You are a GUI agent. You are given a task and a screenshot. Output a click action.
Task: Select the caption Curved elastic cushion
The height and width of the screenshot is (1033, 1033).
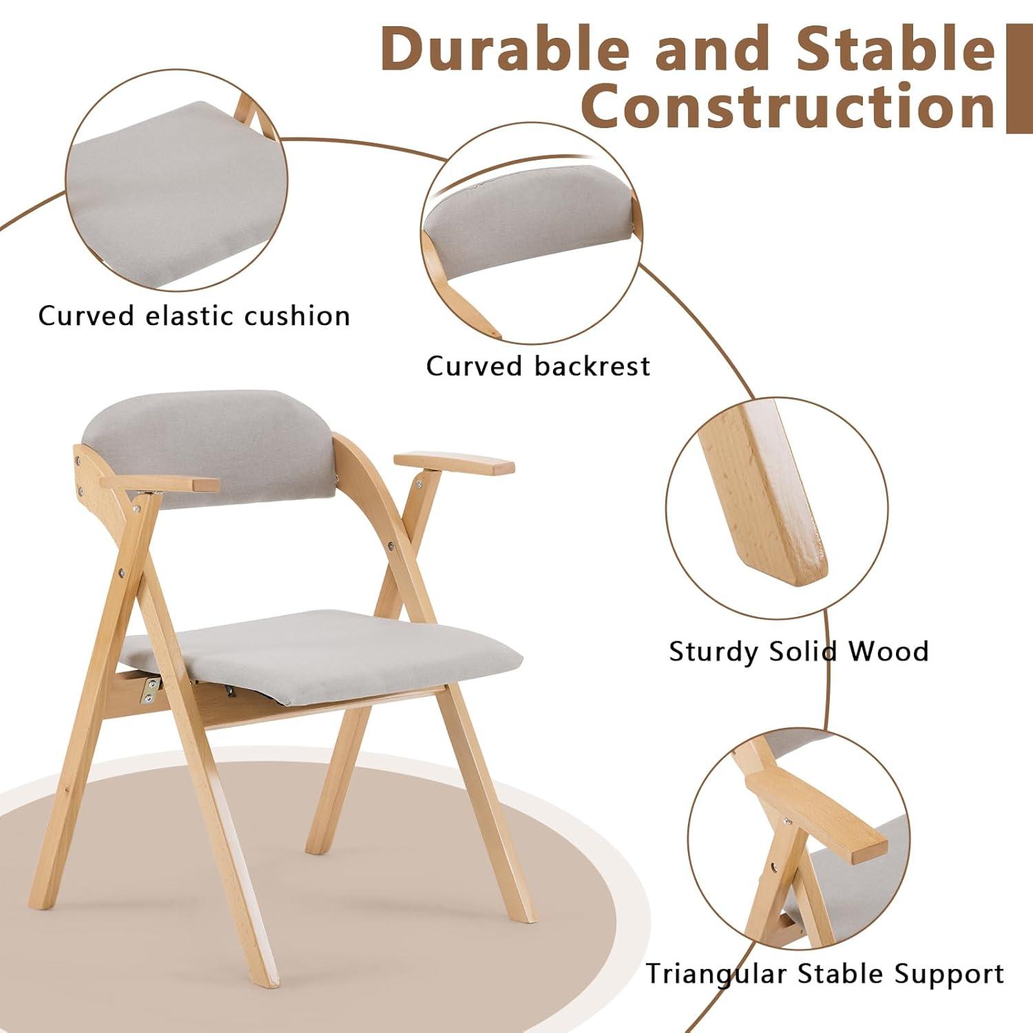(x=194, y=316)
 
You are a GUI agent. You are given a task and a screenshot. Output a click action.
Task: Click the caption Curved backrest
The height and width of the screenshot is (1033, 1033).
(x=538, y=366)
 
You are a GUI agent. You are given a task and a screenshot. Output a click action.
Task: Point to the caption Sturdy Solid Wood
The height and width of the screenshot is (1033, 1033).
(x=799, y=651)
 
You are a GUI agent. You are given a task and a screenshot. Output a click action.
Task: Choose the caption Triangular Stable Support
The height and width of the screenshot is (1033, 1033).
(x=824, y=974)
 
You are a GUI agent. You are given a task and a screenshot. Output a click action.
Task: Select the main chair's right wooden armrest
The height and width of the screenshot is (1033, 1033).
(x=455, y=463)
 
